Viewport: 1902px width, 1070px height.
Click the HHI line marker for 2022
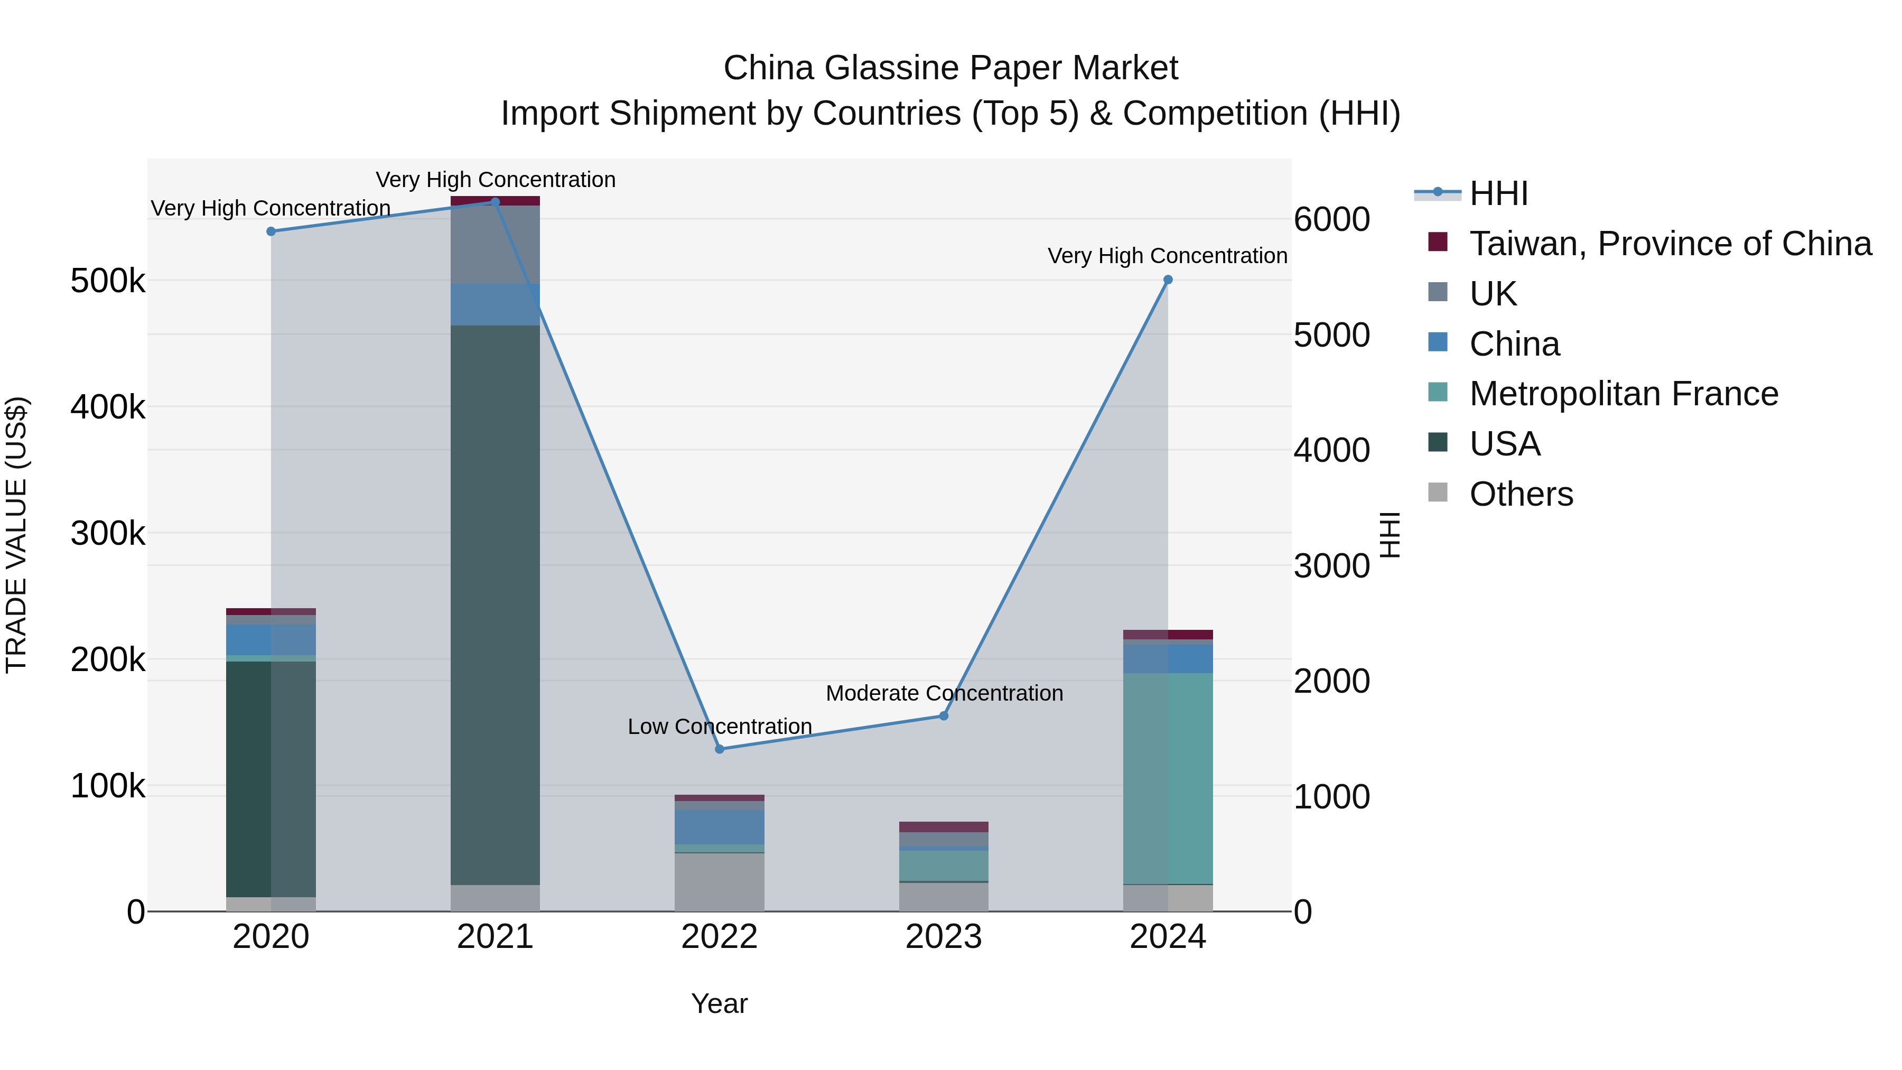click(x=719, y=749)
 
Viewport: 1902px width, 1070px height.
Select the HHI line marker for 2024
click(x=1167, y=280)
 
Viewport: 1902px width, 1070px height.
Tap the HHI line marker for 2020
click(x=271, y=231)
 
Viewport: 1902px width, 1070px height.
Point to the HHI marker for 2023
click(x=943, y=715)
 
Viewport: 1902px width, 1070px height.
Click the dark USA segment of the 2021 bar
click(x=495, y=606)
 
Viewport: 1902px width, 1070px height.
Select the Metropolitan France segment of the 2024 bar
click(x=1167, y=779)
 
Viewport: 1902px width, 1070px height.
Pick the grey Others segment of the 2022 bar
click(x=719, y=882)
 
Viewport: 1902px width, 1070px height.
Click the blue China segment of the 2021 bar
click(x=495, y=304)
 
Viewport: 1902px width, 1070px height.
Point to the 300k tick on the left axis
click(x=108, y=533)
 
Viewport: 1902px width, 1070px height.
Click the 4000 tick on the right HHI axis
click(x=1331, y=450)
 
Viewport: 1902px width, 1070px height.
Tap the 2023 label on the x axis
click(x=943, y=937)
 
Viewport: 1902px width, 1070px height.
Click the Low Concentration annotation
click(x=719, y=727)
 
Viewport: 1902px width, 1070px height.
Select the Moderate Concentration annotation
click(x=944, y=693)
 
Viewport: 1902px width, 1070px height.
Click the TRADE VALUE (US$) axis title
click(x=16, y=535)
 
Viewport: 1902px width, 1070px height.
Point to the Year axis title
click(x=719, y=1003)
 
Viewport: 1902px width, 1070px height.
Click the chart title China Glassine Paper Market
click(x=950, y=68)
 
